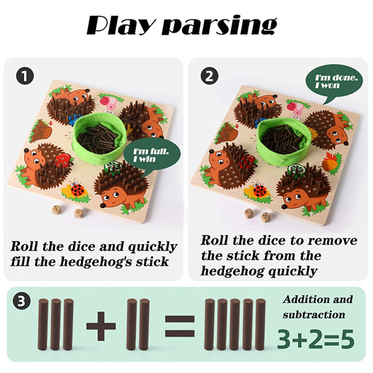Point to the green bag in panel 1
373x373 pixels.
click(99, 138)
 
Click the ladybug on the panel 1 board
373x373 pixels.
click(77, 190)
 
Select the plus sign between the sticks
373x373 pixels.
click(101, 325)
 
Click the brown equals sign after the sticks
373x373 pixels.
click(180, 325)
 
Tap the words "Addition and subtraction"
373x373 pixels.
click(318, 307)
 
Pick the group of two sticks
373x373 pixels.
click(138, 325)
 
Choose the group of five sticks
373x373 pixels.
click(235, 325)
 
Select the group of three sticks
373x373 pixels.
click(56, 325)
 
